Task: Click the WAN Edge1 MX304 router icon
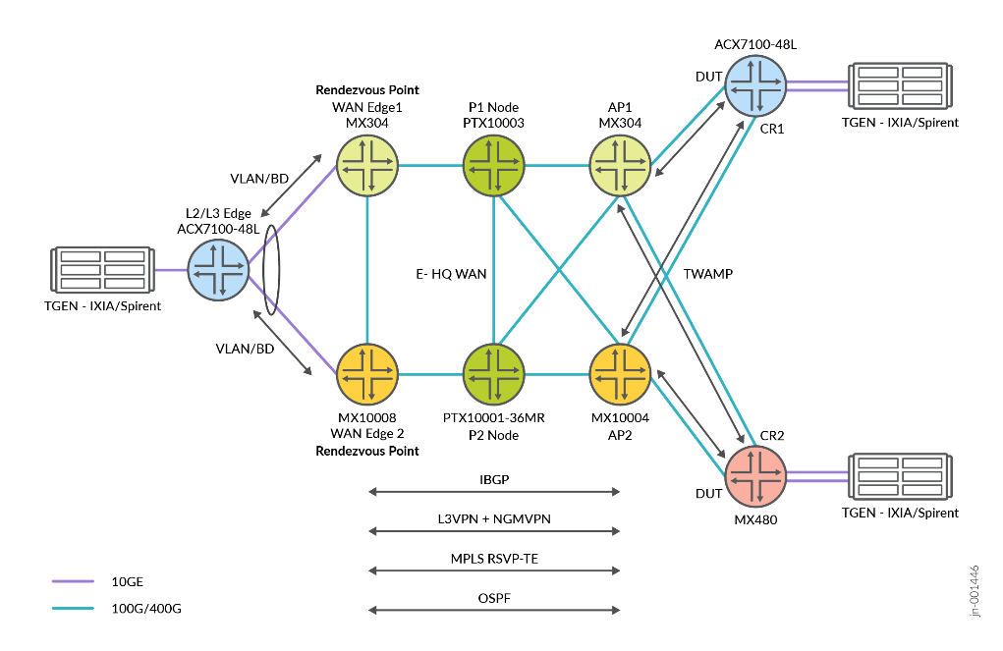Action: point(367,165)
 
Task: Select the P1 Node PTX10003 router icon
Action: point(493,165)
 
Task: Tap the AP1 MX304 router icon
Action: point(620,165)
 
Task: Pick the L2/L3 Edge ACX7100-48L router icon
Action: point(218,270)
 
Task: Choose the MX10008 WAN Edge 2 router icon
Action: point(367,374)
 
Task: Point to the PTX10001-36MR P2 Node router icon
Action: point(493,374)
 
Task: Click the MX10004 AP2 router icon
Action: point(620,374)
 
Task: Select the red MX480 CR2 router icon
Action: point(755,476)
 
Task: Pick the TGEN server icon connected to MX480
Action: point(900,476)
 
